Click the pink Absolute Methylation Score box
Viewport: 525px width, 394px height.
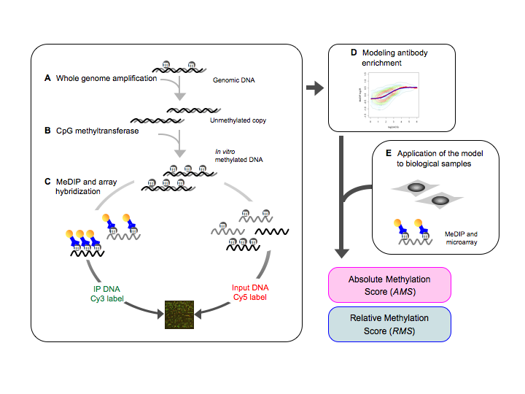pos(389,285)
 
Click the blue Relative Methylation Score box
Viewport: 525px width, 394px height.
pos(389,323)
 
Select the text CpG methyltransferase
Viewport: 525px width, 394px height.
pos(98,131)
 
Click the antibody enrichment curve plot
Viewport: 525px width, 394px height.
pos(393,98)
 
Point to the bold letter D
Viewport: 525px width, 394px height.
pos(354,54)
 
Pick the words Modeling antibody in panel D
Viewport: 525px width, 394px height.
pos(393,54)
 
